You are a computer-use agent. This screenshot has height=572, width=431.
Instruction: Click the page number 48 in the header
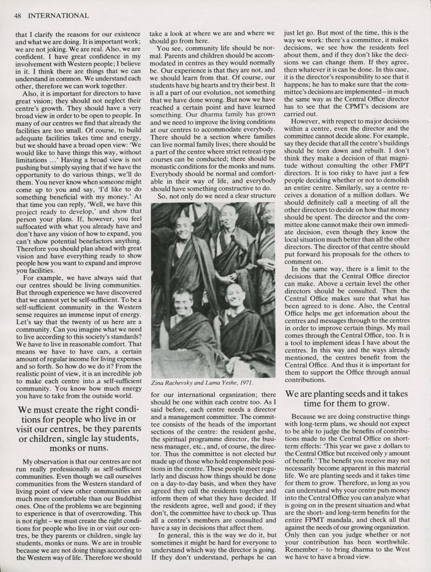(x=17, y=15)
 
